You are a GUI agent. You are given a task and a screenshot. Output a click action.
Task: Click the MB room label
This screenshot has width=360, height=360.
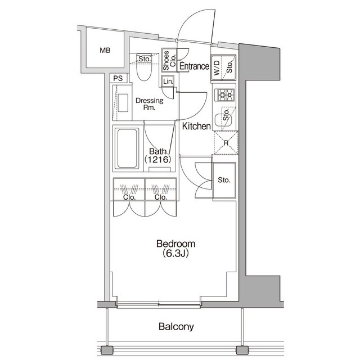click(x=105, y=51)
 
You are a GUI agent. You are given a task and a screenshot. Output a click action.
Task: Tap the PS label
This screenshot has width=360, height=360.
click(x=118, y=78)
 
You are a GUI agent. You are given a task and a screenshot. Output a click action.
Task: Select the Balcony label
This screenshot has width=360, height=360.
click(x=175, y=326)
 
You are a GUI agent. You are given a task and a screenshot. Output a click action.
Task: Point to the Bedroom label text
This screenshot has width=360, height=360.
click(x=175, y=244)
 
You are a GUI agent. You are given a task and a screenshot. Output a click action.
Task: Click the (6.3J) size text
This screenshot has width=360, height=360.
click(x=175, y=254)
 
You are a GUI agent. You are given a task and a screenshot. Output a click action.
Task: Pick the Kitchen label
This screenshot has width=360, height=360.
click(x=196, y=127)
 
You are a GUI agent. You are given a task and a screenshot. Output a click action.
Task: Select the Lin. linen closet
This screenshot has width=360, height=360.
click(x=168, y=82)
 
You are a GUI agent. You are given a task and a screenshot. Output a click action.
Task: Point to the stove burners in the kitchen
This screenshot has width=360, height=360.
click(x=225, y=94)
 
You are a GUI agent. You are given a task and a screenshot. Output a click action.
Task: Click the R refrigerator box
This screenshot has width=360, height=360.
click(x=225, y=143)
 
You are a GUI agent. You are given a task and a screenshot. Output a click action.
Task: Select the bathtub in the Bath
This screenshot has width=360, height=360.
click(x=127, y=148)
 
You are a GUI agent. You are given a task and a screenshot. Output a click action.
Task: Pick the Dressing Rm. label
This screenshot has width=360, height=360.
click(x=149, y=104)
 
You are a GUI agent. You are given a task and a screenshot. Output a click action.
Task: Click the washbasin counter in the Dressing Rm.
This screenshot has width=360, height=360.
click(x=122, y=102)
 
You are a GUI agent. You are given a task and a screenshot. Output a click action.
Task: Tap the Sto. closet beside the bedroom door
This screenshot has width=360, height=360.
click(x=224, y=181)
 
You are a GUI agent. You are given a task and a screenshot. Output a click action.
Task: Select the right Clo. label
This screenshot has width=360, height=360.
click(x=160, y=197)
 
